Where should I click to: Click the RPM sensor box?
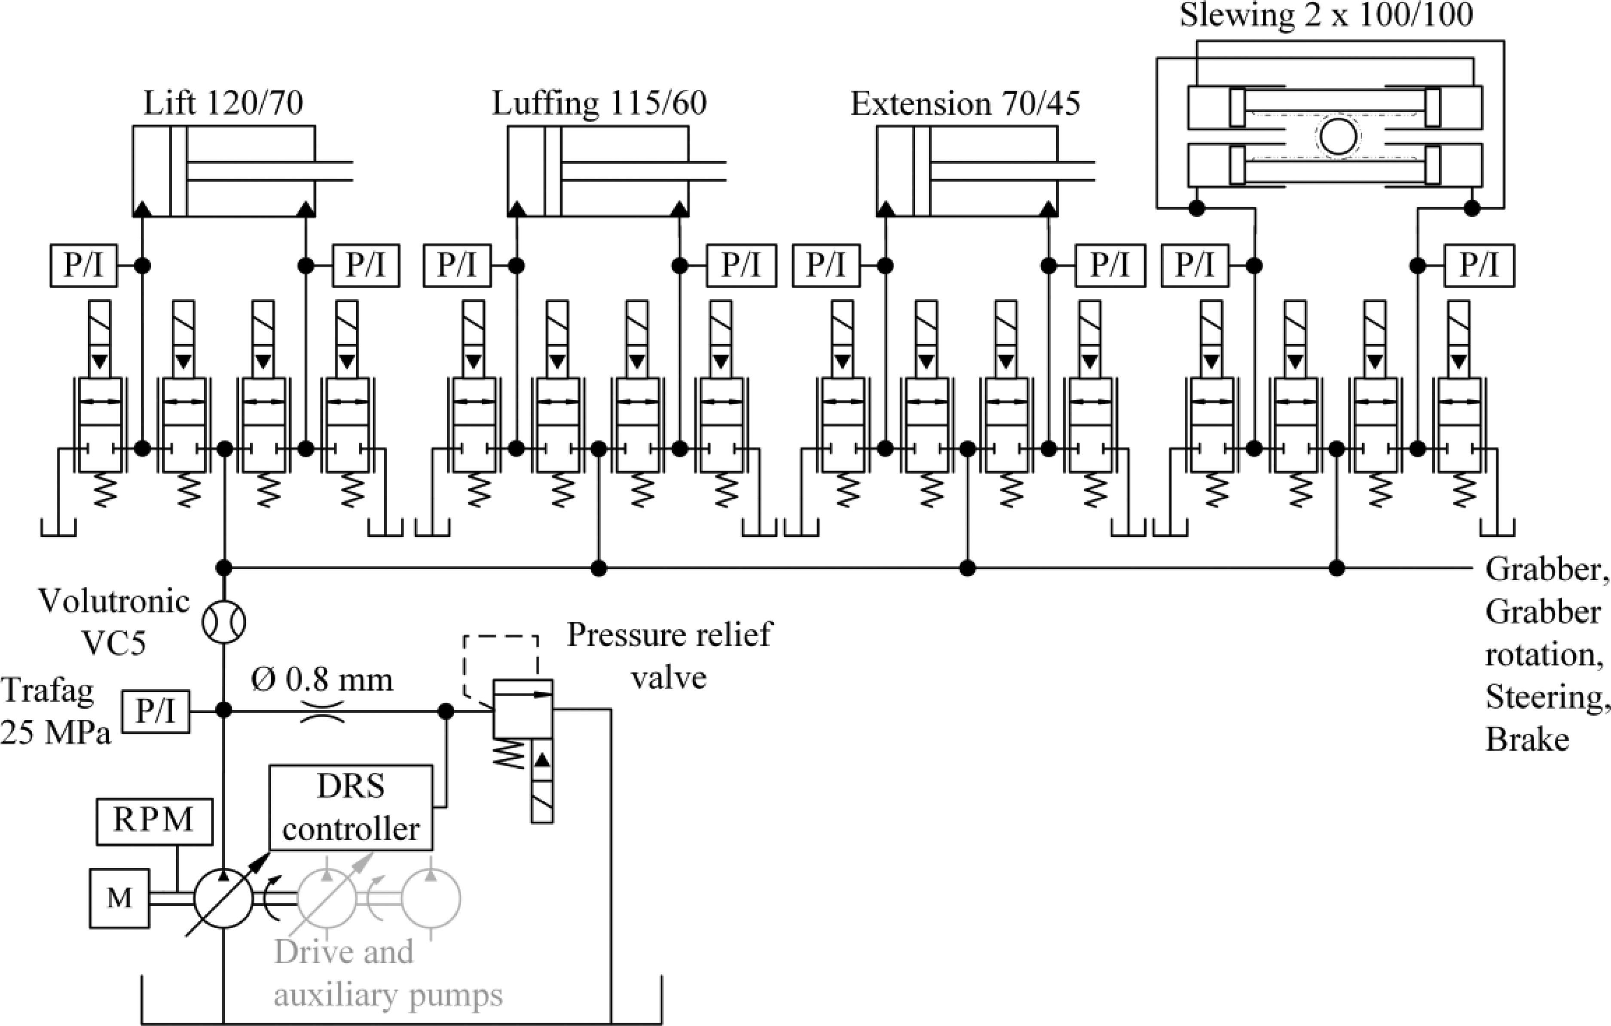tap(154, 821)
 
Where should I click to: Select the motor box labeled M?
tap(120, 898)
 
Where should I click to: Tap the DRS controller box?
tap(351, 807)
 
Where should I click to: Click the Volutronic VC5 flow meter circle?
tap(223, 622)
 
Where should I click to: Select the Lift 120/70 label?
tap(223, 103)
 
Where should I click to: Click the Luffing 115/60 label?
tap(599, 103)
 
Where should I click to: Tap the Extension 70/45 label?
tap(965, 104)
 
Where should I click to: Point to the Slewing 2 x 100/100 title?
tap(1326, 15)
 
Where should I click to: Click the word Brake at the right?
tap(1527, 740)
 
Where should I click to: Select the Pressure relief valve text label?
tap(669, 655)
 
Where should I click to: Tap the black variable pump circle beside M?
tap(223, 898)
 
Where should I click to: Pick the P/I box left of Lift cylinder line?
tap(84, 265)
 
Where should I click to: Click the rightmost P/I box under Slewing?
tap(1479, 265)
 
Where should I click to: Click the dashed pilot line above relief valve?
tap(501, 636)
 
